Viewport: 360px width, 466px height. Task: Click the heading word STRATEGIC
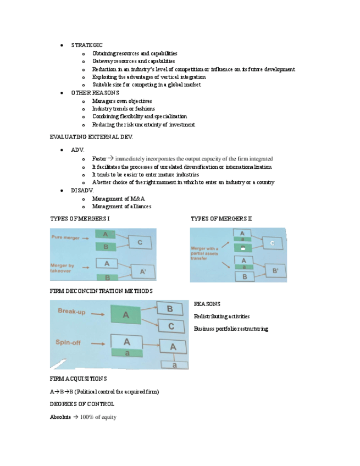coord(86,45)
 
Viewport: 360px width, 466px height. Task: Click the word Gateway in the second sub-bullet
coord(102,61)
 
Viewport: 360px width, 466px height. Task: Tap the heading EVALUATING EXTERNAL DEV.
coord(91,136)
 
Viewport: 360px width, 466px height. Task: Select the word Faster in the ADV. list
coord(99,159)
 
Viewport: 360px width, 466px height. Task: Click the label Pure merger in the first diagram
coord(65,238)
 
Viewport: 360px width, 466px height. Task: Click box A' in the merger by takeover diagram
coord(142,271)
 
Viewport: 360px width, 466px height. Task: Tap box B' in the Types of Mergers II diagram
coord(275,271)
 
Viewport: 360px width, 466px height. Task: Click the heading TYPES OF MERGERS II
coord(221,219)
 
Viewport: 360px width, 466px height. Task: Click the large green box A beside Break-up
coord(125,315)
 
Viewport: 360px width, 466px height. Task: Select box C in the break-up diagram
coord(171,326)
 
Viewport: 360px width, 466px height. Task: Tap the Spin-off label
coord(69,342)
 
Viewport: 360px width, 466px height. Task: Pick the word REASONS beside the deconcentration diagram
coord(207,304)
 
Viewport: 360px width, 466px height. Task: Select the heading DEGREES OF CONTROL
coord(82,404)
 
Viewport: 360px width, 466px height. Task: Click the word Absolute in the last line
coord(60,418)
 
